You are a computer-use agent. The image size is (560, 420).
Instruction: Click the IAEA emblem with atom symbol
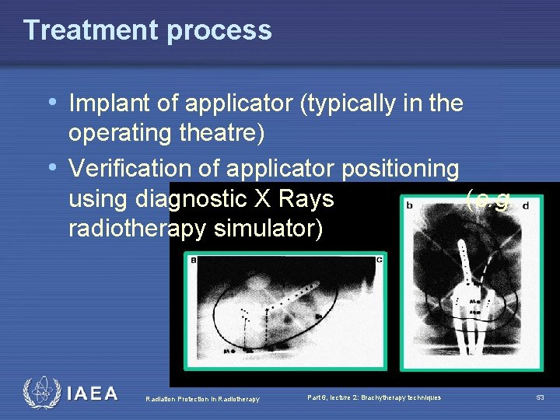pyautogui.click(x=40, y=393)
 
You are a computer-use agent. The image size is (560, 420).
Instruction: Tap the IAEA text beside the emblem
pyautogui.click(x=93, y=394)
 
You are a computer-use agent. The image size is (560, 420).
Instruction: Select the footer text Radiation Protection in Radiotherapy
pyautogui.click(x=202, y=399)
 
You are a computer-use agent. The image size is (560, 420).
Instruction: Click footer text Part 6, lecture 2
pyautogui.click(x=373, y=397)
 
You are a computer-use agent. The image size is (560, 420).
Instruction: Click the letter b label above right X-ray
pyautogui.click(x=409, y=206)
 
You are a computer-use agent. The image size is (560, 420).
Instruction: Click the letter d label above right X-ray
pyautogui.click(x=526, y=206)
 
